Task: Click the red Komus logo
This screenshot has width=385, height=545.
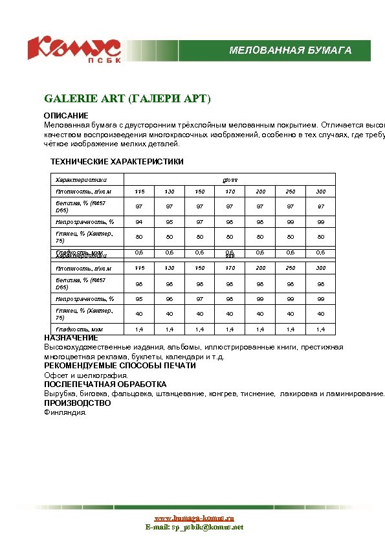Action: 74,48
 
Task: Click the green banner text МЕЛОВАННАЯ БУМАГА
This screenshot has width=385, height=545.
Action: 291,50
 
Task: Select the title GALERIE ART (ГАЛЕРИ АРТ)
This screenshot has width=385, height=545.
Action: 127,99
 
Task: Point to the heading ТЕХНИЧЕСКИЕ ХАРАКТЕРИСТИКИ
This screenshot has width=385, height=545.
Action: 117,161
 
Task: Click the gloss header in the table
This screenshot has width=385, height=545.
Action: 230,179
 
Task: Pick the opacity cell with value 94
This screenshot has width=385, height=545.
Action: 139,222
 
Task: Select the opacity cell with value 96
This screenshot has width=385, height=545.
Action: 170,298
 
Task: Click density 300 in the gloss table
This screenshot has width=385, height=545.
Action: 321,192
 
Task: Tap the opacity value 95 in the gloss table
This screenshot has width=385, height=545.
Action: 170,222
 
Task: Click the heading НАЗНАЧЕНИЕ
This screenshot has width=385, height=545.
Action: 71,338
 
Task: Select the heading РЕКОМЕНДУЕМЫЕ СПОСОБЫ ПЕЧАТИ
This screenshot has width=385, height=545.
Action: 120,366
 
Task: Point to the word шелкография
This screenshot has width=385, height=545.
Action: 107,375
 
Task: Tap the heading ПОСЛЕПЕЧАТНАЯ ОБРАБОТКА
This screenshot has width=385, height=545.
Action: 105,384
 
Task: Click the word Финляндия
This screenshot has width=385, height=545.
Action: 65,412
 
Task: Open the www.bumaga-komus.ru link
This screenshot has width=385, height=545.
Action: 194,518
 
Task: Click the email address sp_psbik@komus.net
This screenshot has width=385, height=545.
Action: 194,528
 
